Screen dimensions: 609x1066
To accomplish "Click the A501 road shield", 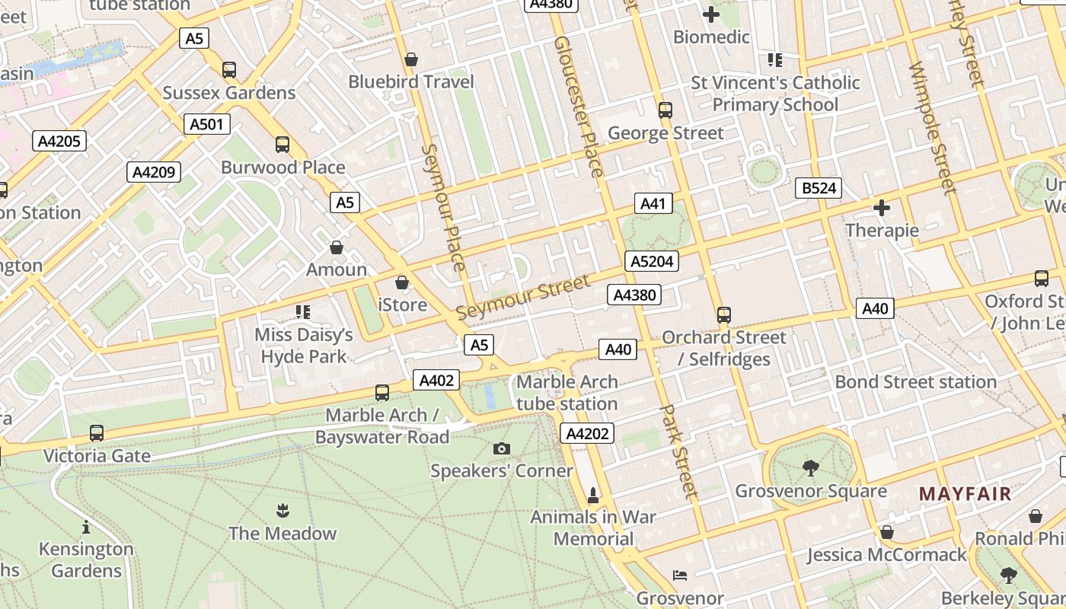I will [206, 124].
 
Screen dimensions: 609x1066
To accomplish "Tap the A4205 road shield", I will [59, 140].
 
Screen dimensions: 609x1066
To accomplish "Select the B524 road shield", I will [819, 188].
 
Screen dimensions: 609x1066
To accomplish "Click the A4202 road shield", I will [587, 434].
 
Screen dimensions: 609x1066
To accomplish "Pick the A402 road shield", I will [436, 380].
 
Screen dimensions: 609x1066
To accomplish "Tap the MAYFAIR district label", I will [965, 493].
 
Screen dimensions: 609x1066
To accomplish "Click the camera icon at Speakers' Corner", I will [501, 448].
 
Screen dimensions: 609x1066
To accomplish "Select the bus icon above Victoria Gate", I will [97, 433].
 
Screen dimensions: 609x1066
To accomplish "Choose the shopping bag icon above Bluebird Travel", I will [411, 59].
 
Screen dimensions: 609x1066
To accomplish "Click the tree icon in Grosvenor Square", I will [811, 468].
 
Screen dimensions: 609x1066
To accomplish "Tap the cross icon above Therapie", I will [882, 207].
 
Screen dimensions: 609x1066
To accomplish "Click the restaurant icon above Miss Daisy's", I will [303, 312].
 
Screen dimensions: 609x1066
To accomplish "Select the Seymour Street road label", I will [523, 298].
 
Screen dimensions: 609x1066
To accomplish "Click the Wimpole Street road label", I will [933, 126].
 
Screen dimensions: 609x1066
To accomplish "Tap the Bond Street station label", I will [915, 381].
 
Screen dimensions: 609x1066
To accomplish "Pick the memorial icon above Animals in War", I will [593, 495].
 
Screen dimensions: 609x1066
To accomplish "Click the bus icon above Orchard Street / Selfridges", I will [724, 314].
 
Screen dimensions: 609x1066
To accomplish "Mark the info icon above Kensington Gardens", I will [86, 527].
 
